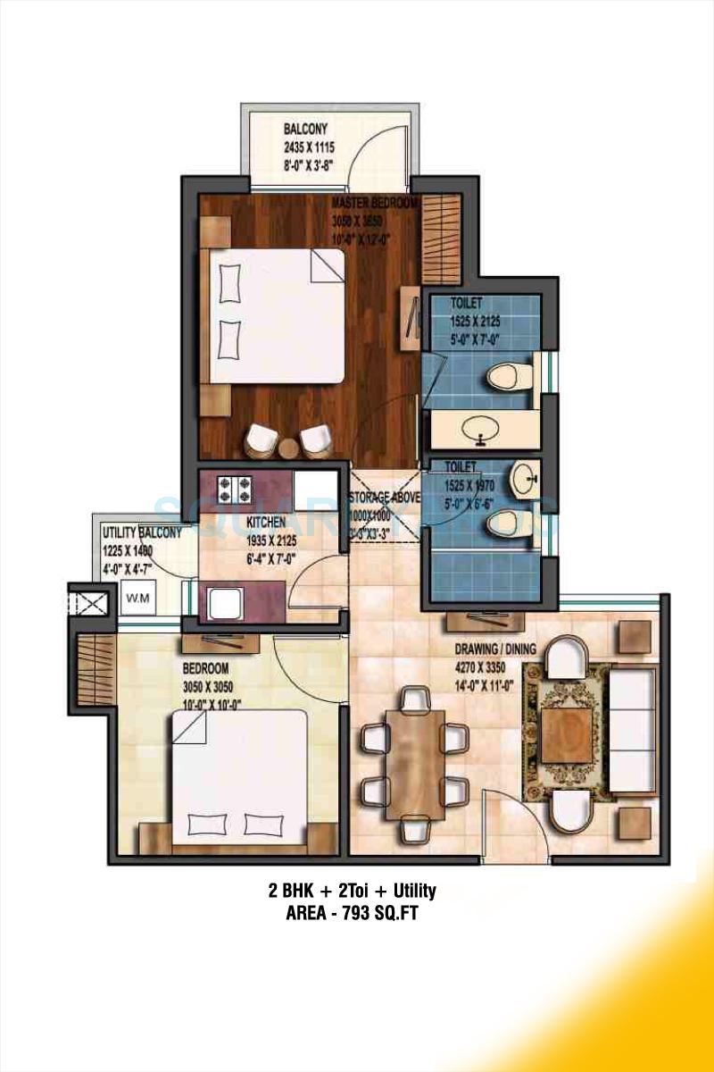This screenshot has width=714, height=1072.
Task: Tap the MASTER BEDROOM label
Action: pos(375,204)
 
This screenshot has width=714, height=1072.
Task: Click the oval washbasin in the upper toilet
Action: pos(482,427)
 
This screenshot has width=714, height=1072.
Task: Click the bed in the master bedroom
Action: pos(277,316)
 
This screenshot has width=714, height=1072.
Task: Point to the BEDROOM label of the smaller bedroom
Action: pos(206,668)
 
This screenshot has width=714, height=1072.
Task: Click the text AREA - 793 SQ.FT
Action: pos(352,914)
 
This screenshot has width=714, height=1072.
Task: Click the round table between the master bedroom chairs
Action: pos(288,448)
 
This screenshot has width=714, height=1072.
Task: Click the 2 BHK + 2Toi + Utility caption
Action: pos(352,891)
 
